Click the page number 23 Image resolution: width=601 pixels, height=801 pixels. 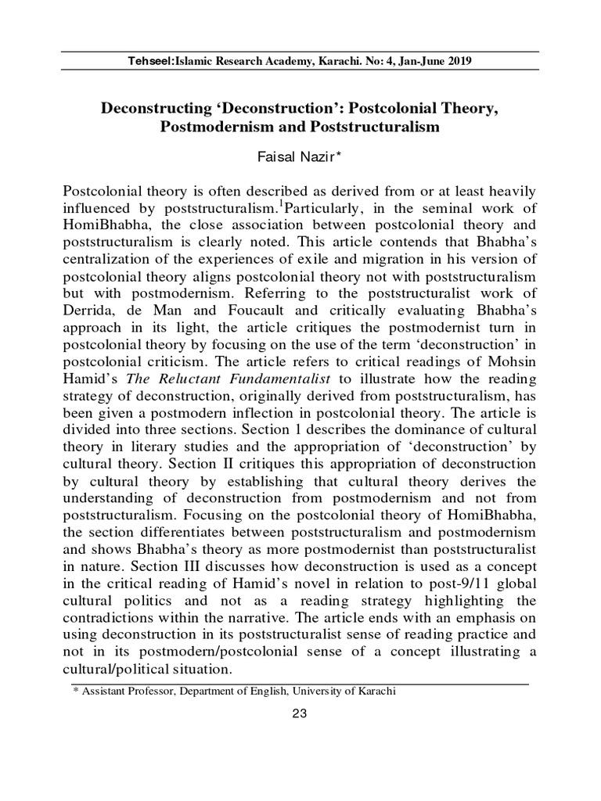pyautogui.click(x=300, y=713)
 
